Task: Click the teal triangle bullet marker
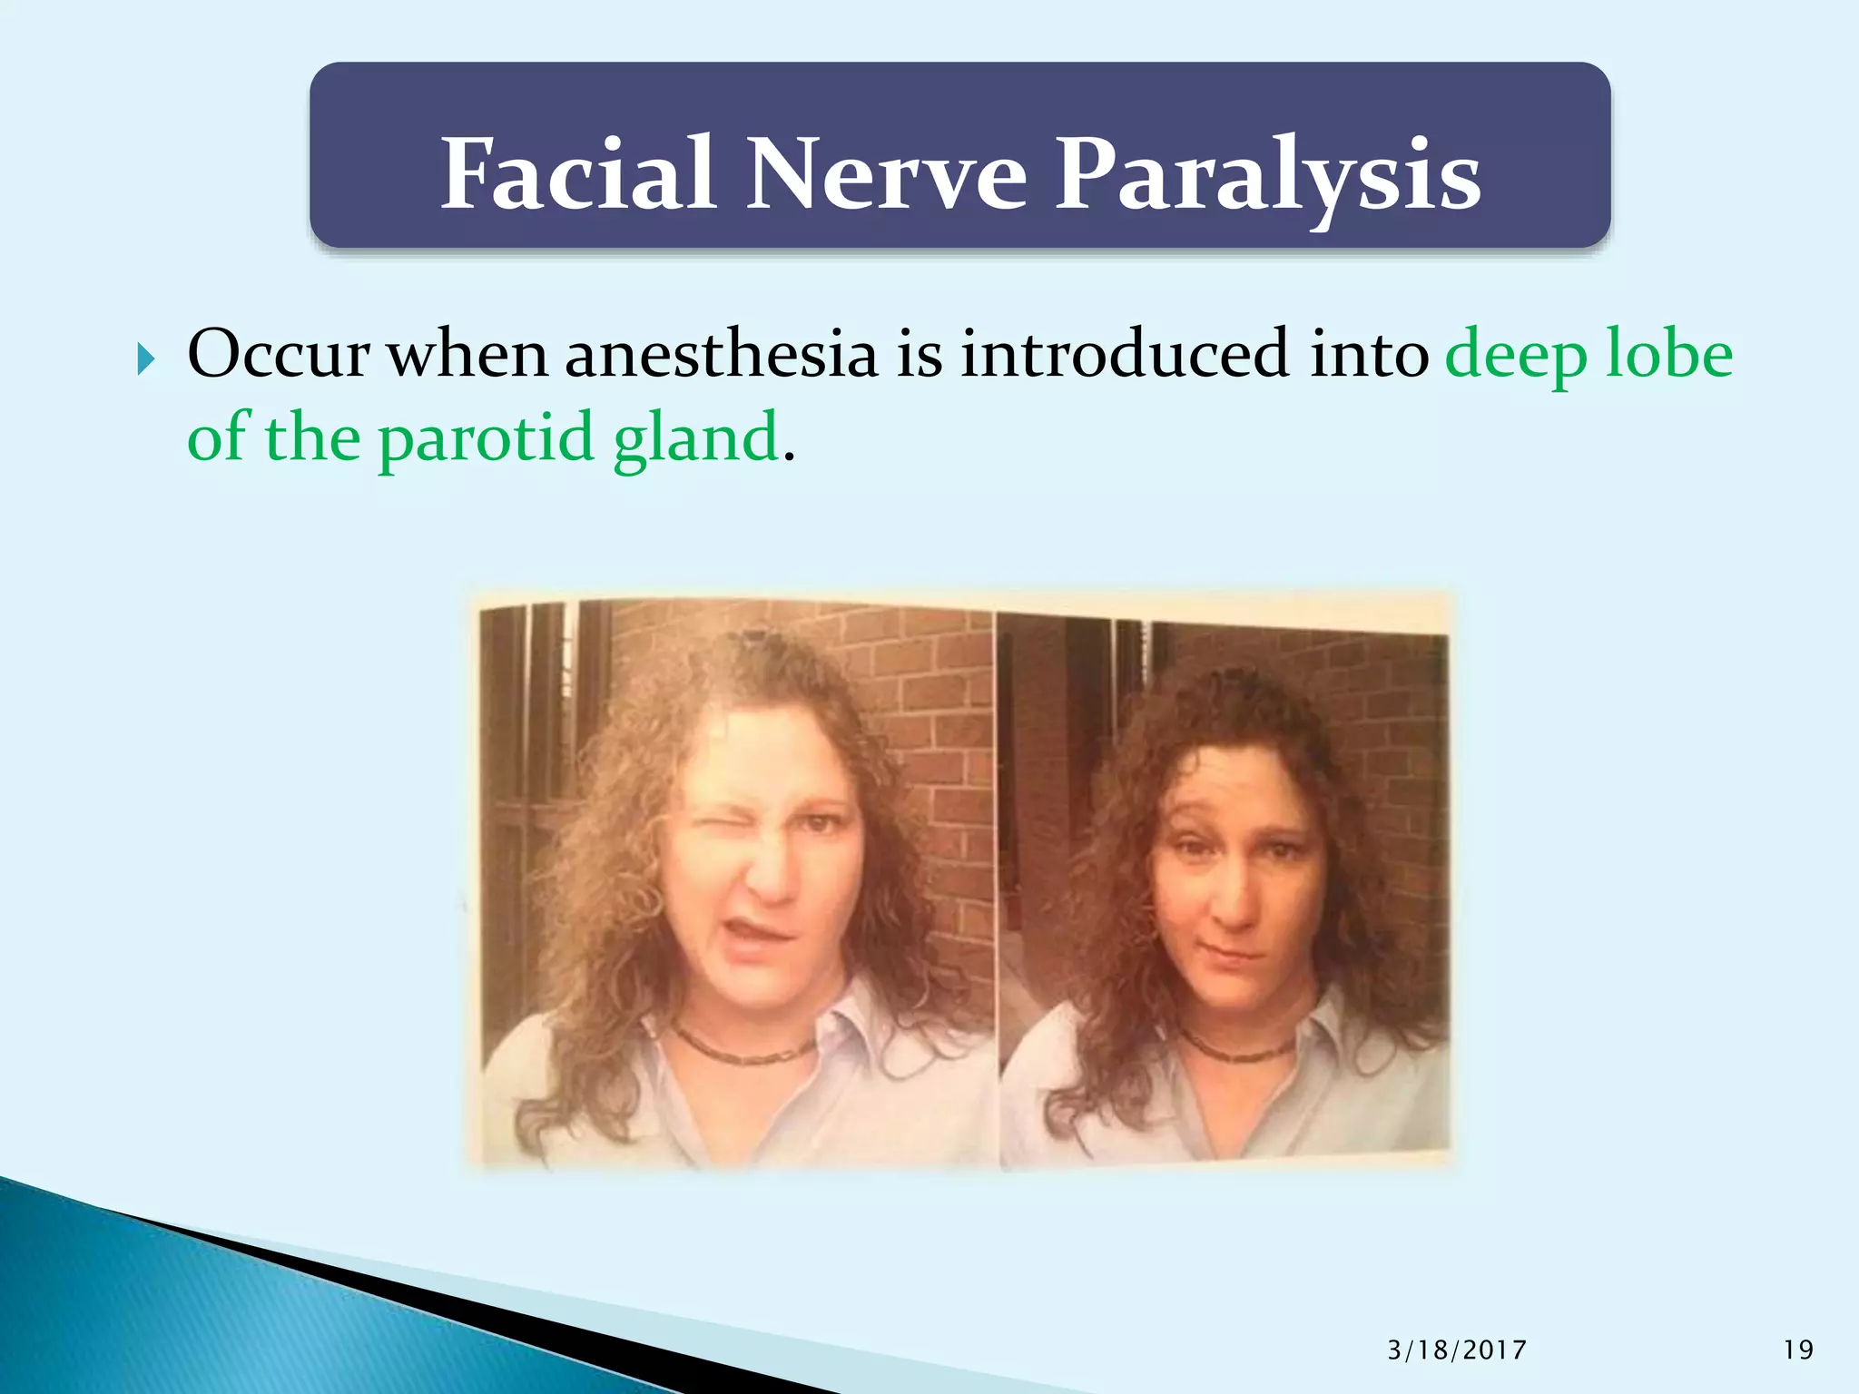(x=146, y=360)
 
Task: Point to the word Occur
(x=278, y=354)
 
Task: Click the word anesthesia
(x=722, y=354)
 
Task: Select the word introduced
(x=1125, y=354)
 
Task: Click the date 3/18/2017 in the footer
(x=1457, y=1350)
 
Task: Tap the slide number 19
(x=1798, y=1350)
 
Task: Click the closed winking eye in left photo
(x=716, y=830)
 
